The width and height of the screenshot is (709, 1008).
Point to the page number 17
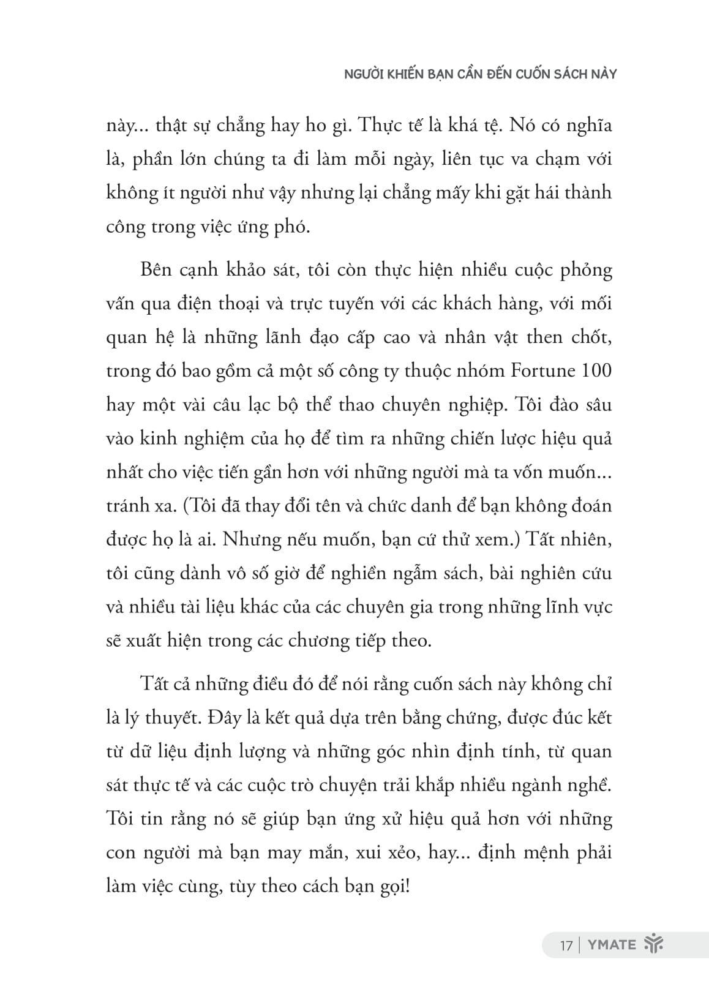[566, 944]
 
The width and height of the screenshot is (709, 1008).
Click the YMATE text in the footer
[612, 944]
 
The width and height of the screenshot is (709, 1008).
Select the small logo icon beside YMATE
[654, 944]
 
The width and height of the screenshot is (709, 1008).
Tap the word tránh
[126, 506]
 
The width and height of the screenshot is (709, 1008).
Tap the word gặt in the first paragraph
[516, 193]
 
